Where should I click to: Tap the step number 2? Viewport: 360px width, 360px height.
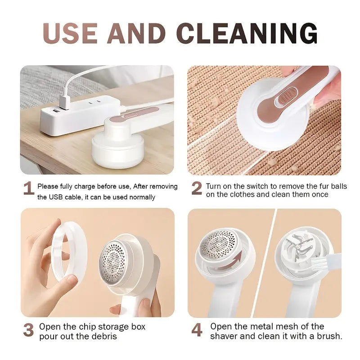[197, 189]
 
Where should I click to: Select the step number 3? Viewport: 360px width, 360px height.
[28, 330]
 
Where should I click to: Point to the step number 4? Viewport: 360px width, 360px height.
[197, 330]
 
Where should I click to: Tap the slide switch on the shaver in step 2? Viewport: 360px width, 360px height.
[284, 97]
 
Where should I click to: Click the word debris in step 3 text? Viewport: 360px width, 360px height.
[104, 336]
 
